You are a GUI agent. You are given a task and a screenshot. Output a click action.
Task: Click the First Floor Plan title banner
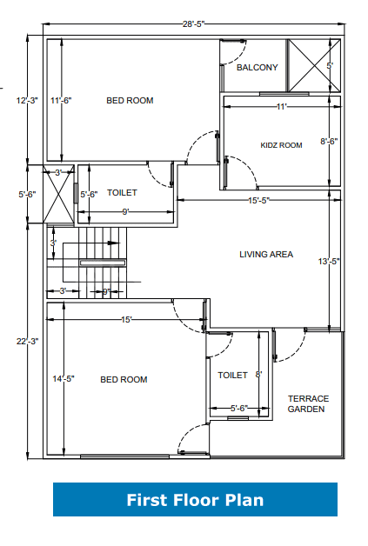pyautogui.click(x=195, y=500)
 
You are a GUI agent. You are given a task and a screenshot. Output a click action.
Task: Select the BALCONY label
pyautogui.click(x=257, y=67)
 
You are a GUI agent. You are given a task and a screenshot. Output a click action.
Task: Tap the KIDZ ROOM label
pyautogui.click(x=281, y=145)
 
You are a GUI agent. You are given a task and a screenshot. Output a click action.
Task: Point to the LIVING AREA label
pyautogui.click(x=266, y=255)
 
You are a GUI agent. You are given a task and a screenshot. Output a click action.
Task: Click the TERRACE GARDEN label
pyautogui.click(x=307, y=403)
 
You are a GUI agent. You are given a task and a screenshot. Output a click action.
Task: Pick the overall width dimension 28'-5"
pyautogui.click(x=193, y=24)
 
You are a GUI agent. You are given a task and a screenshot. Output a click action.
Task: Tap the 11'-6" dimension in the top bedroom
pyautogui.click(x=61, y=101)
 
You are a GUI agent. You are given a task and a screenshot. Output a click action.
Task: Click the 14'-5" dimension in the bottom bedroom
pyautogui.click(x=64, y=379)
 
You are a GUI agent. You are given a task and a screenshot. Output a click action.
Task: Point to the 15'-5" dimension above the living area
pyautogui.click(x=259, y=202)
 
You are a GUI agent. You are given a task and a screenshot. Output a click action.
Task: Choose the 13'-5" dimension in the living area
pyautogui.click(x=328, y=261)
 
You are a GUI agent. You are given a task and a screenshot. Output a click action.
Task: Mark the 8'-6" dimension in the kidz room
pyautogui.click(x=329, y=141)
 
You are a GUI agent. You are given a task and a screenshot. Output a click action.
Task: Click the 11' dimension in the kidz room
pyautogui.click(x=281, y=106)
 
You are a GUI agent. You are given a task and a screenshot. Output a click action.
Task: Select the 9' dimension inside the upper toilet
pyautogui.click(x=125, y=211)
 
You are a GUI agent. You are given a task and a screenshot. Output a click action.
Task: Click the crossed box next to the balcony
pyautogui.click(x=314, y=65)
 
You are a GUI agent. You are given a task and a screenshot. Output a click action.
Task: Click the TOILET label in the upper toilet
pyautogui.click(x=121, y=193)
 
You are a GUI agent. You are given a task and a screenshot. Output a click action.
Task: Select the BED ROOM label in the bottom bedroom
pyautogui.click(x=124, y=379)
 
